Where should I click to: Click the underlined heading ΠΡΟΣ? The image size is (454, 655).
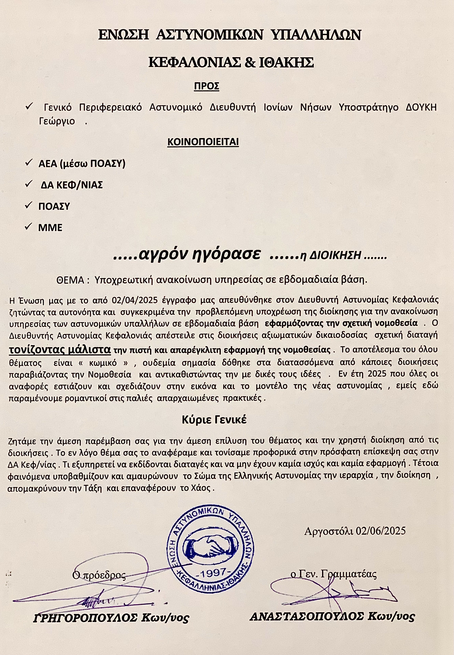pyautogui.click(x=206, y=86)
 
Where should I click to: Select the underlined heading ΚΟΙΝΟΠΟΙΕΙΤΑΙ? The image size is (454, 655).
pyautogui.click(x=203, y=142)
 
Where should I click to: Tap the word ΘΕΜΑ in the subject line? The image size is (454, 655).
pyautogui.click(x=70, y=280)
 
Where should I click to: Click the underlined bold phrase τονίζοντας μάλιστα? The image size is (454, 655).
pyautogui.click(x=60, y=349)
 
